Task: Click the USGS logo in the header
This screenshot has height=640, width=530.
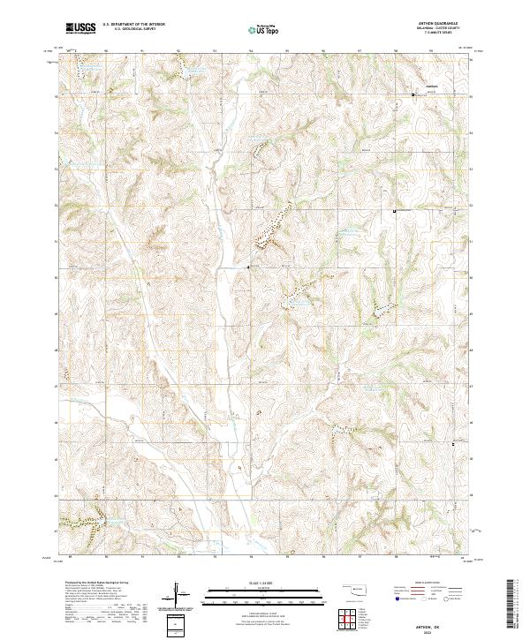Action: tap(79, 29)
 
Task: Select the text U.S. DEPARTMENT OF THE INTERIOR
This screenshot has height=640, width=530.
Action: tap(132, 26)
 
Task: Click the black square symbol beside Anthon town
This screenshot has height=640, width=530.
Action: tap(419, 93)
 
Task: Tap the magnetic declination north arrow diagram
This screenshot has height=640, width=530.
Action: tap(186, 599)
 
